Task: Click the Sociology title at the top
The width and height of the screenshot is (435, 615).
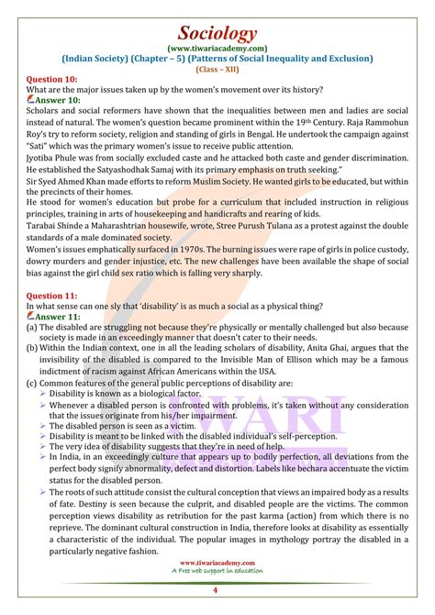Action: click(217, 16)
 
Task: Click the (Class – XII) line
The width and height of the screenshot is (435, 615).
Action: click(217, 67)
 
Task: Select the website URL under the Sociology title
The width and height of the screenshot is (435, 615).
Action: click(217, 42)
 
